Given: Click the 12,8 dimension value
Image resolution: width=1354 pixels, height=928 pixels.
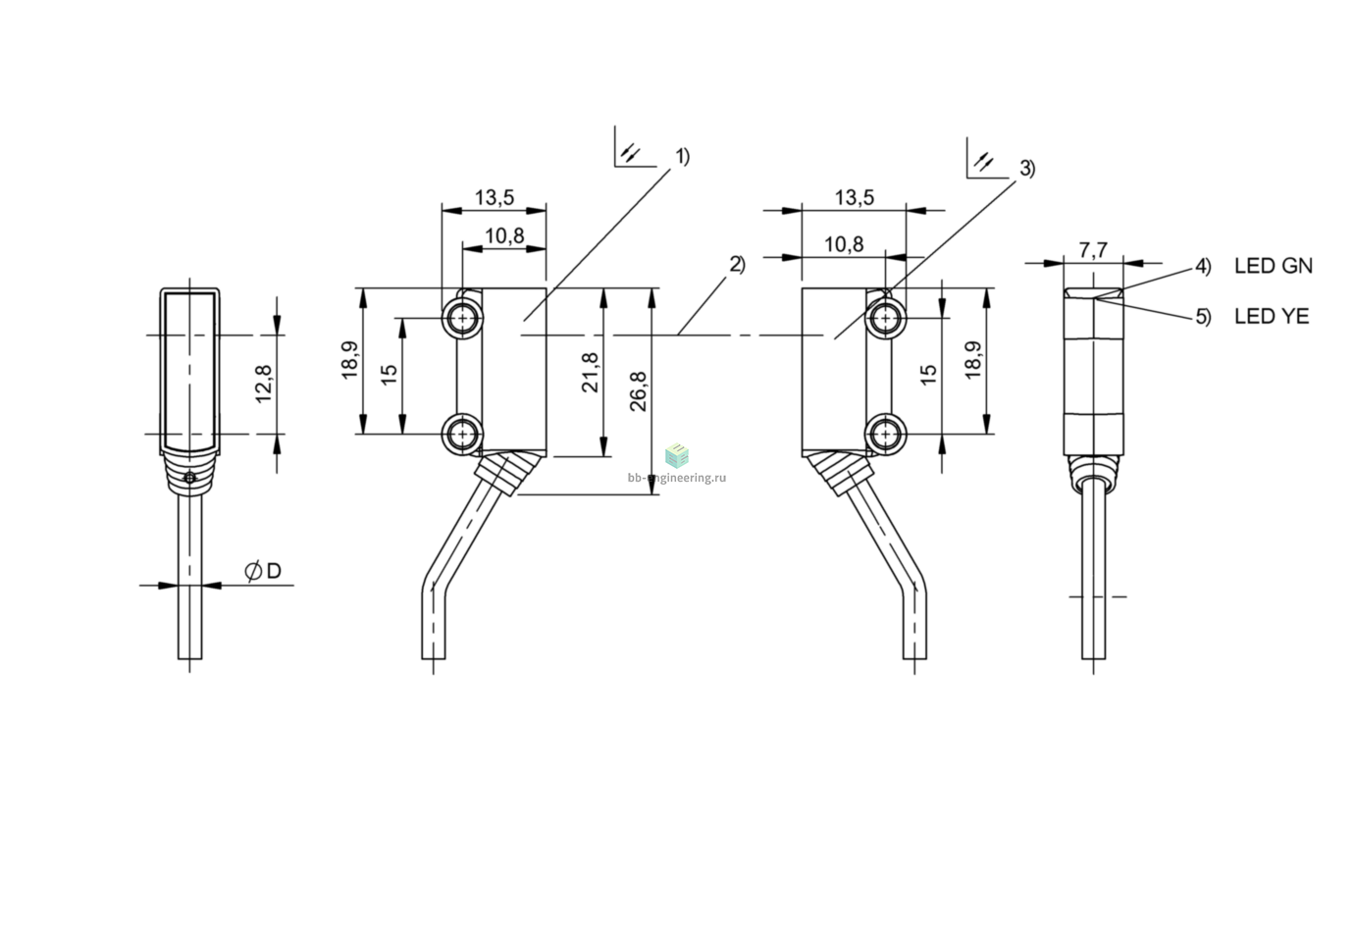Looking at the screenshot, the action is tap(264, 384).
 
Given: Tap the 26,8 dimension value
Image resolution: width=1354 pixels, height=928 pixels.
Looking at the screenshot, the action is tap(639, 391).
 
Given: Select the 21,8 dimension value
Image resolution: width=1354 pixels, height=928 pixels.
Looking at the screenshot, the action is tap(590, 373).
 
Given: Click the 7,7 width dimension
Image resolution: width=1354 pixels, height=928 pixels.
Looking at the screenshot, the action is tap(1093, 249).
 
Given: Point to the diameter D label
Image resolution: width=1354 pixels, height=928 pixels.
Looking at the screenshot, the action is tap(263, 571).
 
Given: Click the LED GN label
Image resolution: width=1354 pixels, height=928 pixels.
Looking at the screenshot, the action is tap(1274, 266).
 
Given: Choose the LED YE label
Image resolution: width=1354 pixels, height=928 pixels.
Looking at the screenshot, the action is tap(1272, 316).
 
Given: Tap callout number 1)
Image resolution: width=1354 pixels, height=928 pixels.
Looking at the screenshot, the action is tap(683, 157).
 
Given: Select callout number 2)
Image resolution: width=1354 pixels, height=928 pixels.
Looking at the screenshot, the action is tap(738, 265).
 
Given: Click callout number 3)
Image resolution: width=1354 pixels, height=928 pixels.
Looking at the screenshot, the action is tap(1027, 169).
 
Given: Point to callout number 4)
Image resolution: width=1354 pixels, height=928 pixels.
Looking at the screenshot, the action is tap(1204, 267).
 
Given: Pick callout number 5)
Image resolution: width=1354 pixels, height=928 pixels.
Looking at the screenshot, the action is tap(1204, 317).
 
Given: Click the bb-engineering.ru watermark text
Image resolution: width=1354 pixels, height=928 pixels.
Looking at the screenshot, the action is tap(677, 478).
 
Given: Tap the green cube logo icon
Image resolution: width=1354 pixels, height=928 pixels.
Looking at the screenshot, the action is tap(677, 455).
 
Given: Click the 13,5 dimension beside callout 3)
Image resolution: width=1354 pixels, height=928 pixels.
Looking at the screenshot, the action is tap(855, 197).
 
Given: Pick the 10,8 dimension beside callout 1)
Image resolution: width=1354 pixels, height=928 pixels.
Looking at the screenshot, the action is tap(504, 235).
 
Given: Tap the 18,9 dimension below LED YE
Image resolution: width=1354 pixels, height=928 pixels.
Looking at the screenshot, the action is tap(972, 361).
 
